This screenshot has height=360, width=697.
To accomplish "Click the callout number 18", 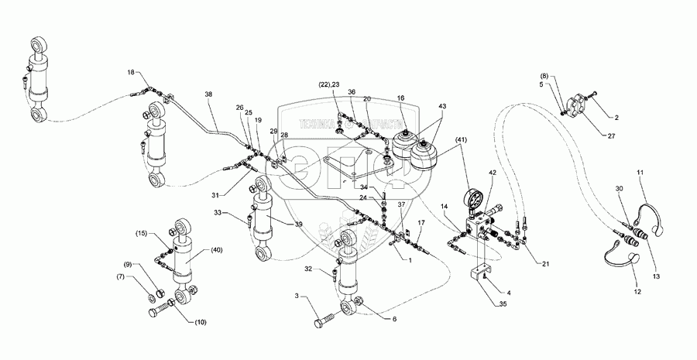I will pyautogui.click(x=131, y=72).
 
